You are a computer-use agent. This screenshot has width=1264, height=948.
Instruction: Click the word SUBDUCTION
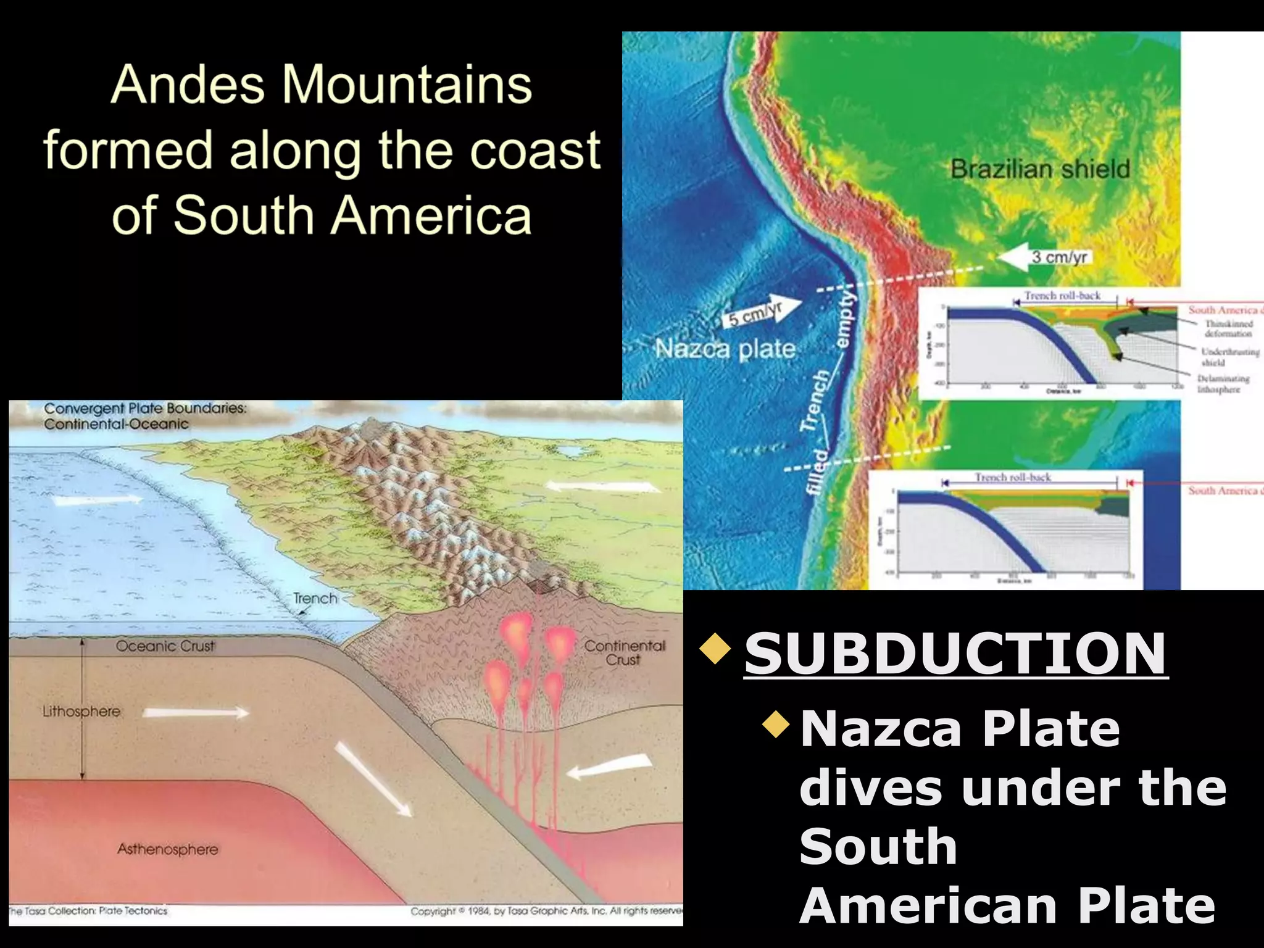click(955, 654)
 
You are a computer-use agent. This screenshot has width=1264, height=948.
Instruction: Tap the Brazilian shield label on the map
click(1040, 169)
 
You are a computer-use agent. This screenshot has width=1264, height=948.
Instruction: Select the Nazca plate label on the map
click(725, 349)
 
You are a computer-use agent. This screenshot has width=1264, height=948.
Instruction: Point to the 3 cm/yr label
click(1059, 257)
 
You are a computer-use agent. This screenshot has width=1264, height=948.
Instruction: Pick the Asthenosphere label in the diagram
click(168, 850)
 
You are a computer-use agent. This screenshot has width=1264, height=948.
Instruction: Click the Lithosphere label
click(81, 712)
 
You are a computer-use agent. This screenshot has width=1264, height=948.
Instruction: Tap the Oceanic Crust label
click(165, 646)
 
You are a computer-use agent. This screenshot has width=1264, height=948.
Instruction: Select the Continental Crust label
click(625, 653)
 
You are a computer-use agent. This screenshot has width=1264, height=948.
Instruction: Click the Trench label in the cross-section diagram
click(315, 599)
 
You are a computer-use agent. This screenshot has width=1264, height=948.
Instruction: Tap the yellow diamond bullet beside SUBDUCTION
click(715, 649)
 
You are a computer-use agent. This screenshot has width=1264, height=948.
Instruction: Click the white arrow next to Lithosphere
click(196, 713)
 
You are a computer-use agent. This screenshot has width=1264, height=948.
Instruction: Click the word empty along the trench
click(846, 318)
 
